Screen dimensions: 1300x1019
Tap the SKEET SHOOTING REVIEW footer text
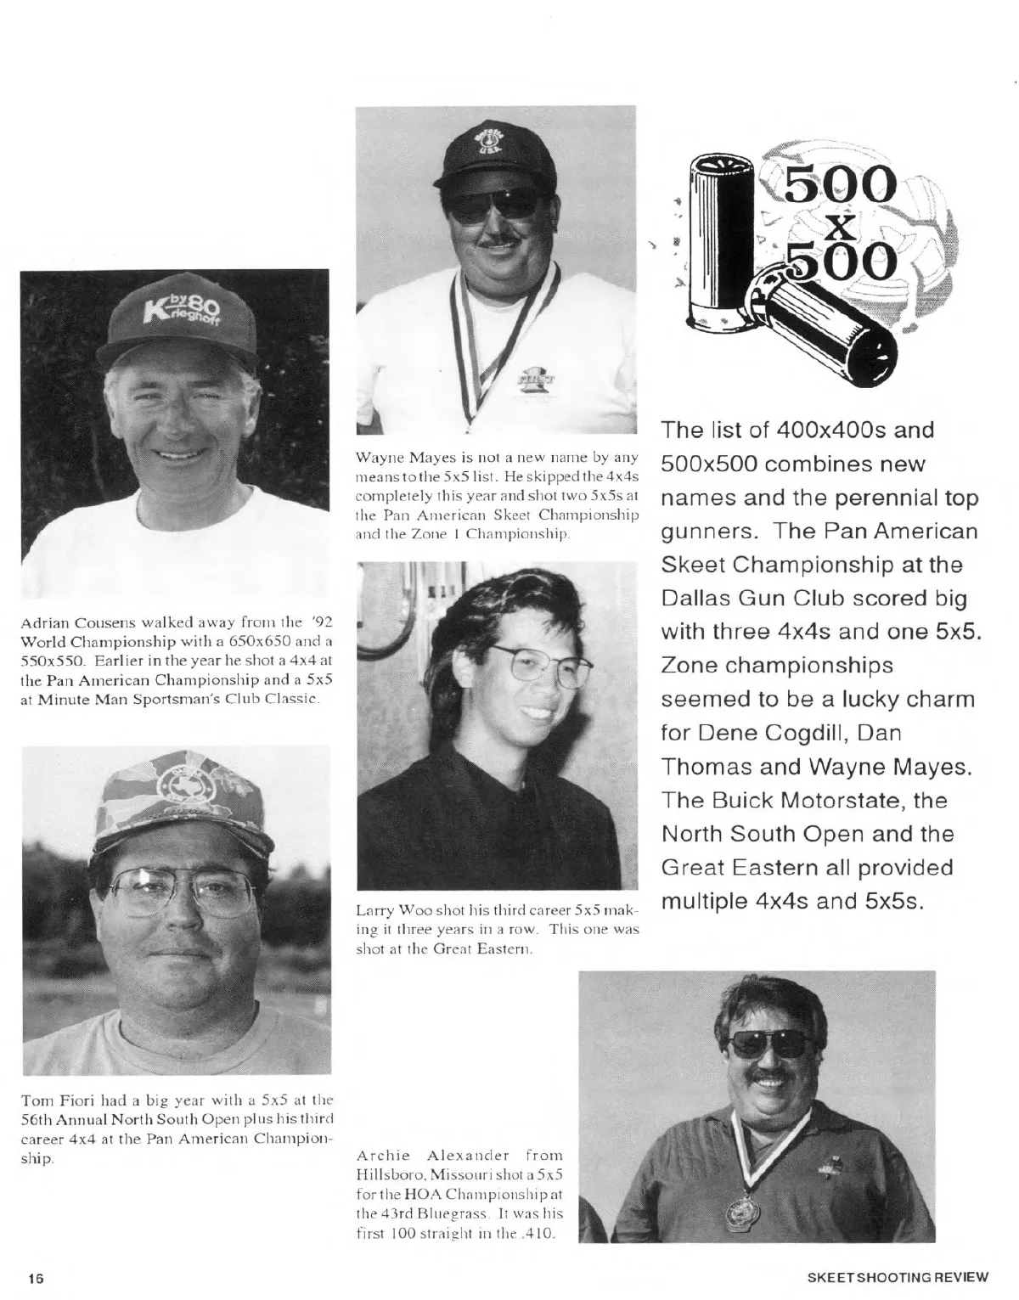[898, 1276]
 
